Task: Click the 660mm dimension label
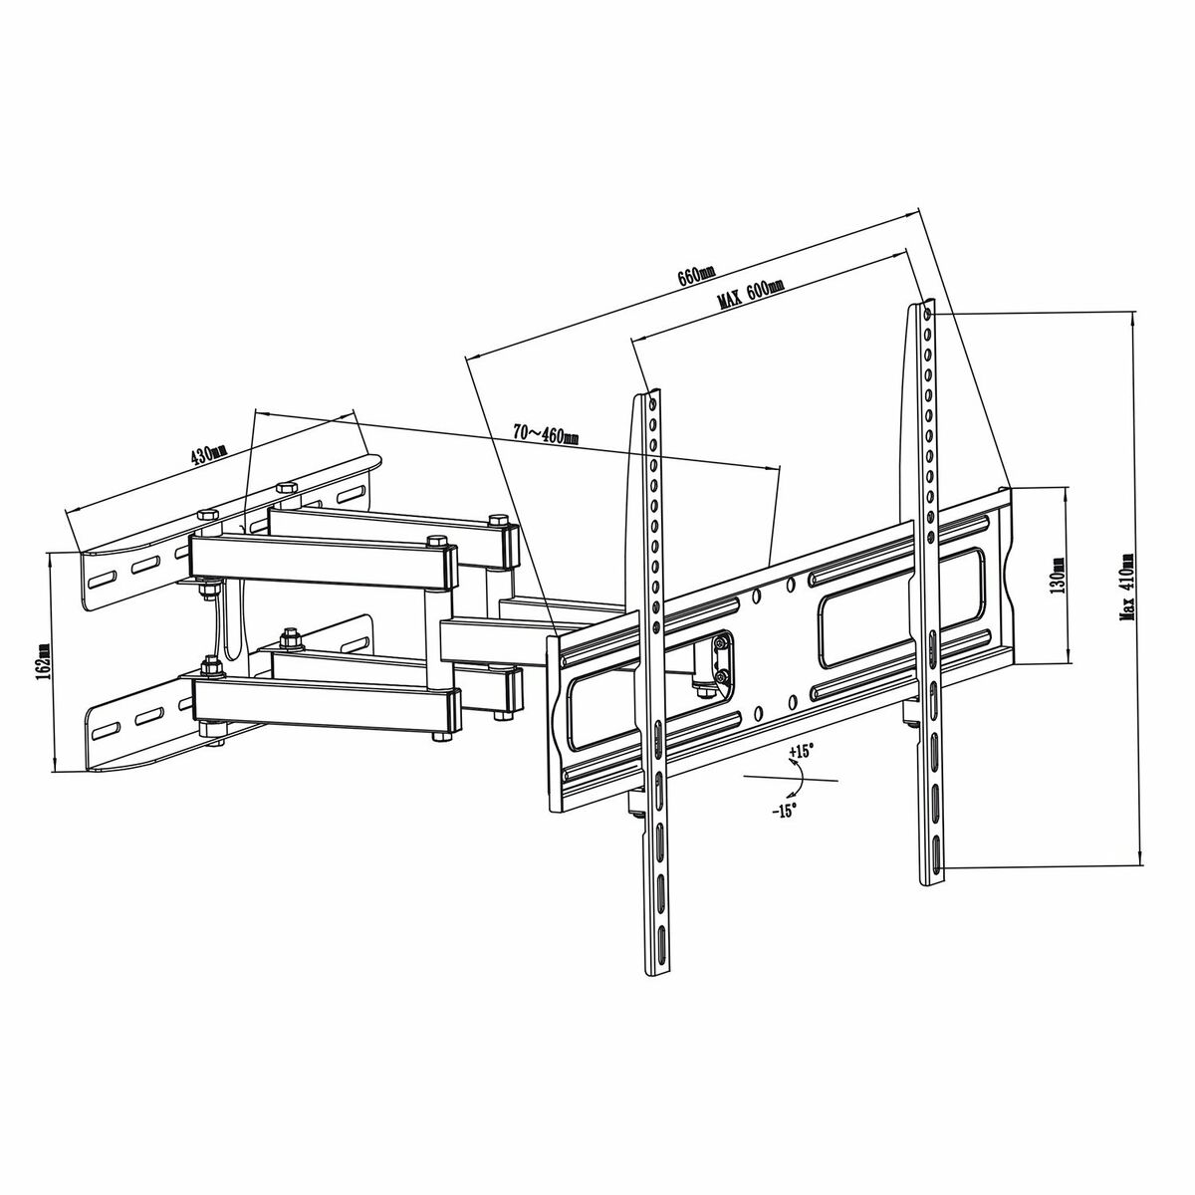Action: pos(696,276)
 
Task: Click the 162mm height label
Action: pos(43,662)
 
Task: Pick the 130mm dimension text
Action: pos(1057,575)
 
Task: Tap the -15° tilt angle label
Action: pos(785,811)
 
